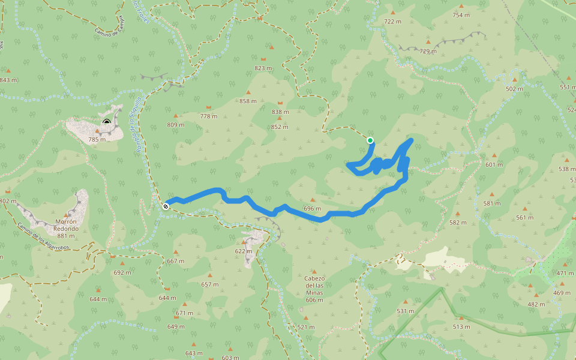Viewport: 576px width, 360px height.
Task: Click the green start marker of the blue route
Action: (370, 140)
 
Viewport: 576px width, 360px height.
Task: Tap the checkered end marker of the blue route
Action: (166, 206)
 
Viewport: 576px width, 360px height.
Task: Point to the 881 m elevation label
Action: (66, 236)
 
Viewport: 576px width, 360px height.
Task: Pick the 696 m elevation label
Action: (313, 209)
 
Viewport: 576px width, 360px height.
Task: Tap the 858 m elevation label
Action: (248, 101)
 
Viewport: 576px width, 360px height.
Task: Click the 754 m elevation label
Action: (461, 15)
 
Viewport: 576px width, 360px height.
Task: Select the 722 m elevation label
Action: (392, 21)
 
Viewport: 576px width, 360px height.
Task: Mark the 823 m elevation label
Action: (263, 68)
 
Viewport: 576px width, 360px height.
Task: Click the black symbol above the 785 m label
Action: (107, 122)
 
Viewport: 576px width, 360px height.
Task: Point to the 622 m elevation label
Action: (244, 251)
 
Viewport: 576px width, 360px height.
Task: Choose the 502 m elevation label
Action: (515, 89)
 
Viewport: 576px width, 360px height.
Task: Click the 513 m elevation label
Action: (461, 326)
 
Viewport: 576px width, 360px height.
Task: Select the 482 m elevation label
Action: (536, 304)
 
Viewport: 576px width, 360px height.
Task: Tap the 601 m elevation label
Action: (494, 164)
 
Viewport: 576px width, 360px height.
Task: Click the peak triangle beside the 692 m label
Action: (122, 263)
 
